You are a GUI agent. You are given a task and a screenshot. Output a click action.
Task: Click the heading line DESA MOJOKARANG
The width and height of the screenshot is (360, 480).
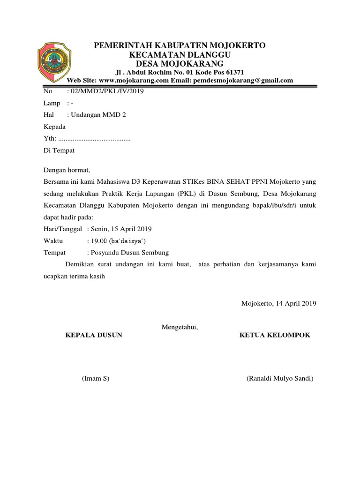tap(180, 63)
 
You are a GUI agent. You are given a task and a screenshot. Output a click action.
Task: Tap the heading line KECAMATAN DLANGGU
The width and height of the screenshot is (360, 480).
tap(180, 54)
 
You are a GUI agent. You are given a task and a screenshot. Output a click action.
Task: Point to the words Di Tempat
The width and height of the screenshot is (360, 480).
tap(59, 150)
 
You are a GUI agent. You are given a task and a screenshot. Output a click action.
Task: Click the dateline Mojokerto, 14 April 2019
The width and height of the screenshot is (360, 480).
tap(279, 303)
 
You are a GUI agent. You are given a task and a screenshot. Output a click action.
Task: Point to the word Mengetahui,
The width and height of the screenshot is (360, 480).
tap(180, 327)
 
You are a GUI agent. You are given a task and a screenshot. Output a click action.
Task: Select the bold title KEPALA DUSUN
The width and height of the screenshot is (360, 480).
tap(94, 335)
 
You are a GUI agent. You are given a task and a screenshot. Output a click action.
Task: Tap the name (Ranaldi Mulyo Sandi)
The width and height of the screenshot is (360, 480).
tap(280, 378)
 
